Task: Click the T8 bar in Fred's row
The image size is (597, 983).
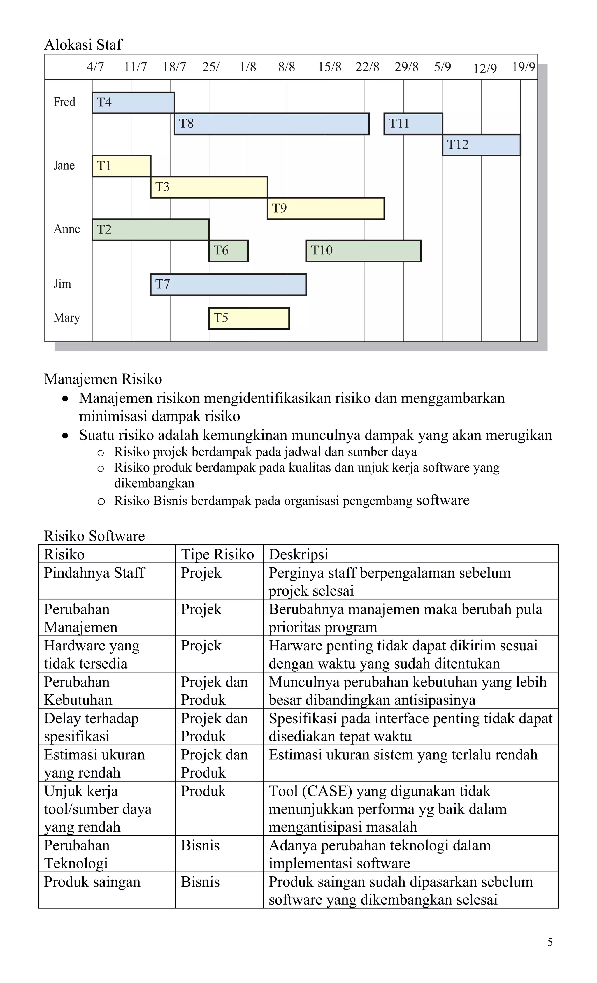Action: (x=271, y=124)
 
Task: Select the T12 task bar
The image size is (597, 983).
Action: (x=481, y=145)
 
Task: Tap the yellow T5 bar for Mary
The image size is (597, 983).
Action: (x=249, y=318)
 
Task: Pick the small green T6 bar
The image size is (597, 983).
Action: (x=228, y=251)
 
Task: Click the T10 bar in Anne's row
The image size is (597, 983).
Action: (x=364, y=251)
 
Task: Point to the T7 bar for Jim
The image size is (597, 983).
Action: (x=228, y=284)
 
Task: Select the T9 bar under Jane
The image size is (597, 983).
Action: (x=326, y=208)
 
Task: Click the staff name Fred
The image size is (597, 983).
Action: (x=64, y=102)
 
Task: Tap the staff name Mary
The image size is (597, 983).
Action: (x=67, y=318)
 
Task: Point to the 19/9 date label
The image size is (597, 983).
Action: (x=523, y=67)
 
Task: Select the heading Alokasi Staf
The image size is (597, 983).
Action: (x=83, y=45)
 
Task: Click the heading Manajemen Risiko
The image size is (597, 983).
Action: (x=103, y=379)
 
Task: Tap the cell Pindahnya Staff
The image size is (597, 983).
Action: (x=94, y=573)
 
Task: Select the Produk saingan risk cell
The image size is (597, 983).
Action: (x=92, y=882)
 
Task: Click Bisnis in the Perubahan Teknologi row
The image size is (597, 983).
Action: (x=200, y=846)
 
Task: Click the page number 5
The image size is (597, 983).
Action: (x=549, y=942)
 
